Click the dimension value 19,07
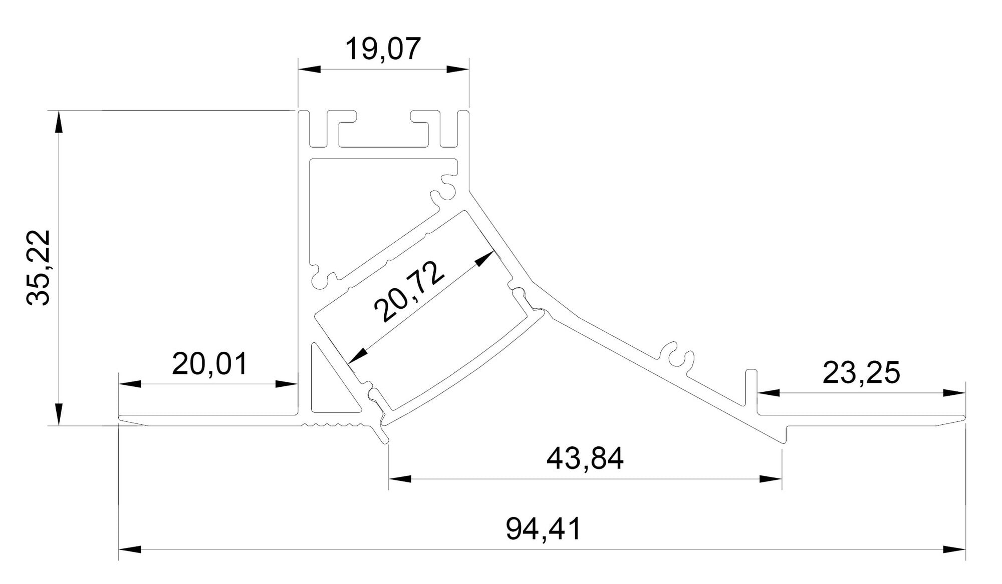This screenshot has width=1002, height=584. coord(383,49)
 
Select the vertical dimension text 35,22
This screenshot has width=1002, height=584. coord(39,268)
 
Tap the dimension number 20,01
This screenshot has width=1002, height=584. coord(209,364)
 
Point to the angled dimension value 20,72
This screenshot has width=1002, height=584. coord(409,291)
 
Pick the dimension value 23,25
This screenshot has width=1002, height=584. coord(861,373)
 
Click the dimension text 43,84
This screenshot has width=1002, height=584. coord(585,458)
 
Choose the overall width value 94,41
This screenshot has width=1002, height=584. coord(543,529)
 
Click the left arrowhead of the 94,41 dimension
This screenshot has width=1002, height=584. coord(130,549)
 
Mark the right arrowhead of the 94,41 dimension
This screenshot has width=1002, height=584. coord(954,549)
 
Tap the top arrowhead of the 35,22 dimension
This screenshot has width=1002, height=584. coord(59,122)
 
